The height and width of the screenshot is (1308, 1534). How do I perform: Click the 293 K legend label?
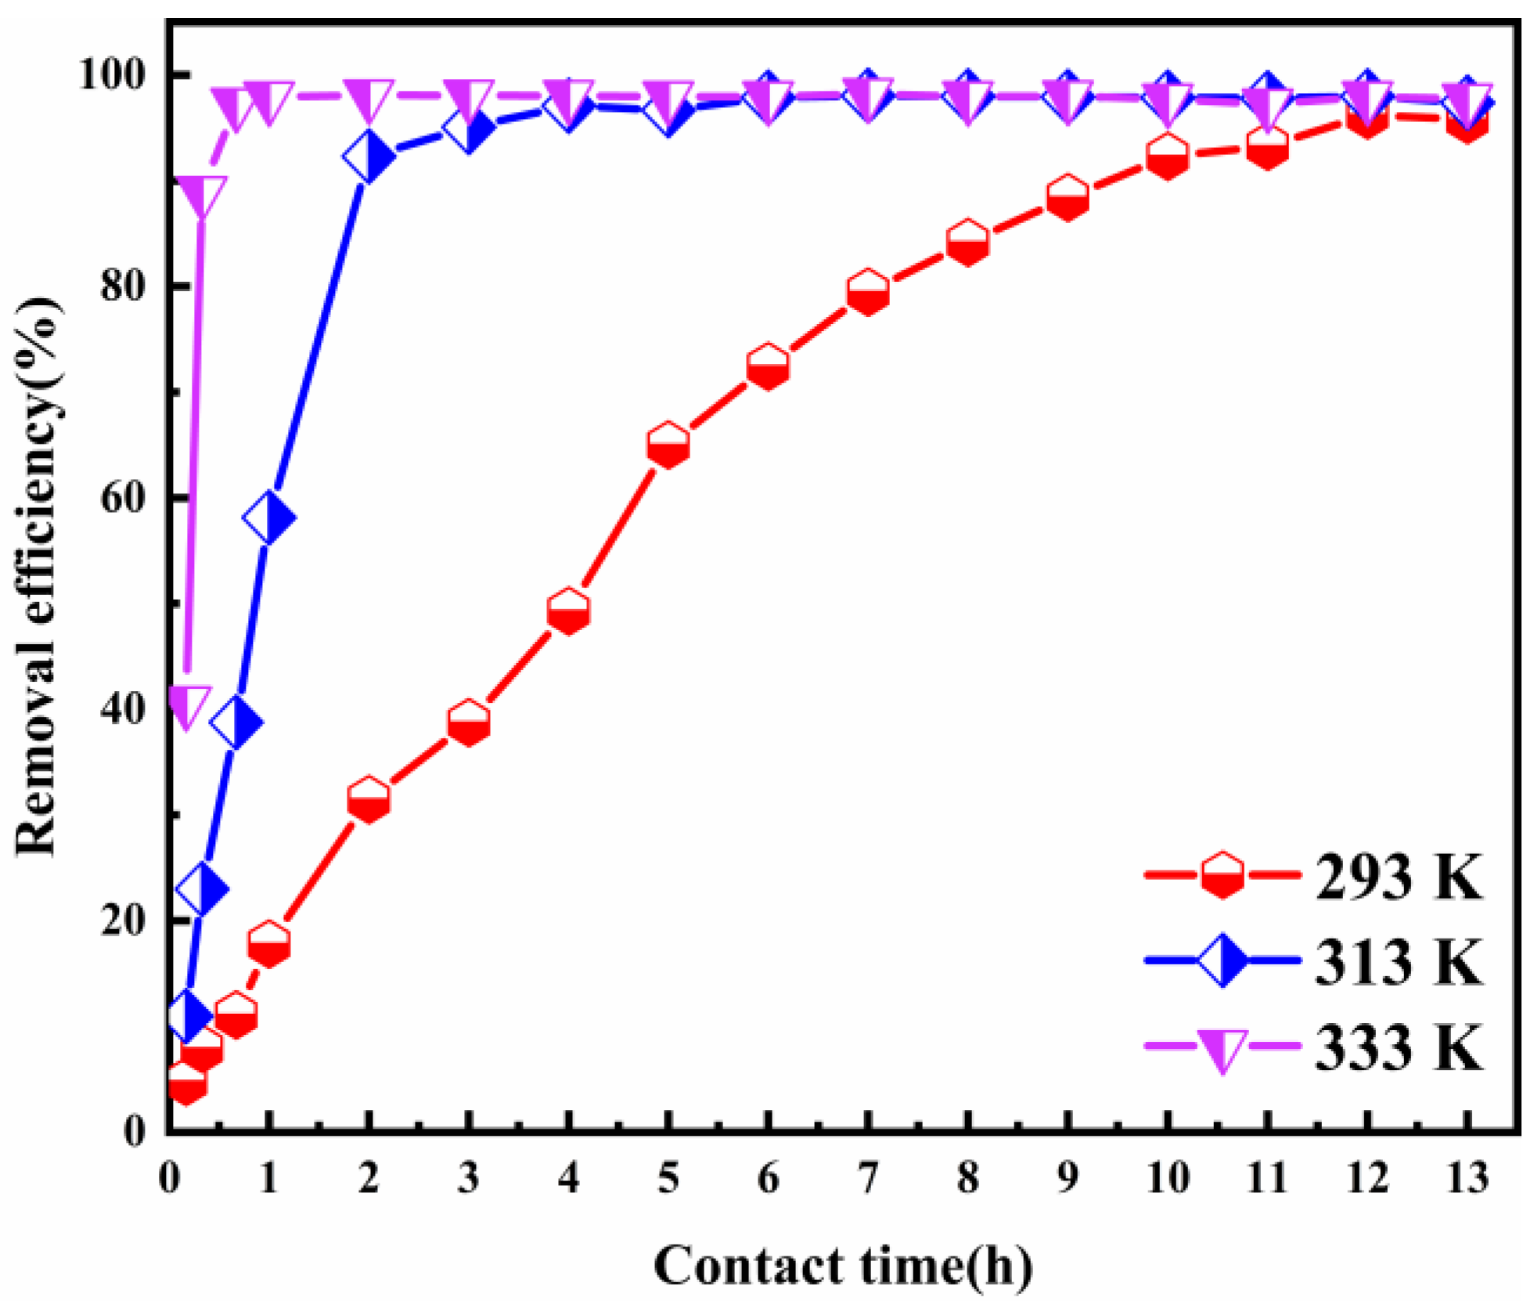coord(1398,877)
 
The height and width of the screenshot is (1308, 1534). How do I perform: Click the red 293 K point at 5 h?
coord(668,445)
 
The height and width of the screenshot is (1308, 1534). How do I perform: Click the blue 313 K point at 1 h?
coord(268,518)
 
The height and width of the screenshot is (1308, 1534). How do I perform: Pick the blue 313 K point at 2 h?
coord(369,157)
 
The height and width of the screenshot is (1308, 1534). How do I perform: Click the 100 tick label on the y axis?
coord(114,75)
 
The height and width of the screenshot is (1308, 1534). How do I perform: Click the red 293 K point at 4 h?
coord(569,611)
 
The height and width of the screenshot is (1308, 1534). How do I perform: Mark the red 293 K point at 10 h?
coord(1167,156)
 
